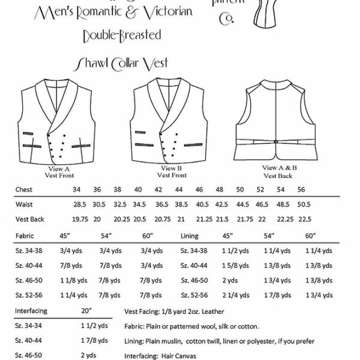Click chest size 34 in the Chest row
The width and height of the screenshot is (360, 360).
(76, 189)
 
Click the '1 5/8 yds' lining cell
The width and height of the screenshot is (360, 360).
(233, 266)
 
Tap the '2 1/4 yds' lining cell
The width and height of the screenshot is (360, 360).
(233, 295)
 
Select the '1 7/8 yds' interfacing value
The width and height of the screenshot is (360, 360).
(87, 341)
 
